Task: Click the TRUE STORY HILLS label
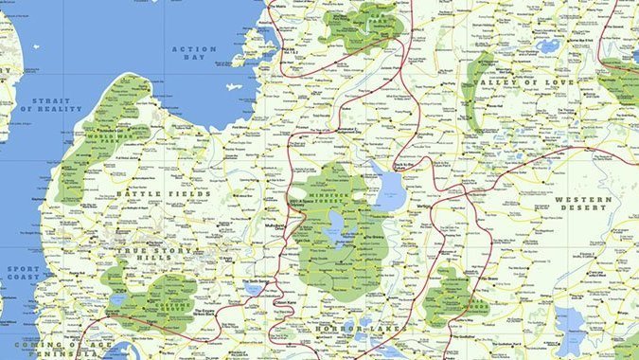tap(158, 251)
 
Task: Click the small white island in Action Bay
tap(234, 86)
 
